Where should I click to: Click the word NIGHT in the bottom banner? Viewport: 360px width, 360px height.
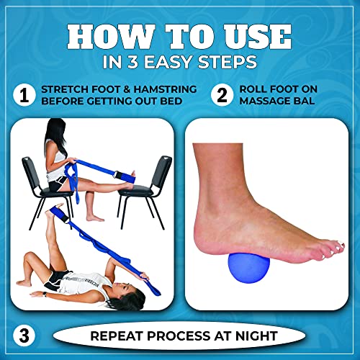tap(250, 336)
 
